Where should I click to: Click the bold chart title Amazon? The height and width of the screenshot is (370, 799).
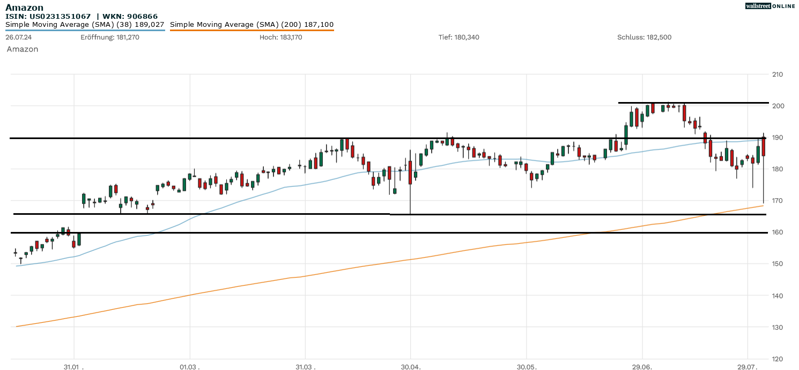pyautogui.click(x=24, y=8)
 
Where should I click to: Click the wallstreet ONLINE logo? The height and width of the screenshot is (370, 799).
pyautogui.click(x=770, y=6)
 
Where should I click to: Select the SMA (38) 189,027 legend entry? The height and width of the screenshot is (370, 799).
pyautogui.click(x=85, y=25)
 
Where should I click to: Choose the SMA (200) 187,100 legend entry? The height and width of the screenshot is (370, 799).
pyautogui.click(x=251, y=25)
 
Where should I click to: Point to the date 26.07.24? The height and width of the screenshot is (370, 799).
pyautogui.click(x=18, y=38)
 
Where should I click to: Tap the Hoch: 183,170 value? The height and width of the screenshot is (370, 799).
pyautogui.click(x=281, y=38)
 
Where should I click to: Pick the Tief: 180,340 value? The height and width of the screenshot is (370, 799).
pyautogui.click(x=458, y=38)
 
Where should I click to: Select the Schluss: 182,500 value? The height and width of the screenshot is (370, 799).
pyautogui.click(x=644, y=38)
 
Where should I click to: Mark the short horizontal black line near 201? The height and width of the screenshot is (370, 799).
pyautogui.click(x=693, y=103)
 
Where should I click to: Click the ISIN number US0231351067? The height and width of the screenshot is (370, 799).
pyautogui.click(x=60, y=17)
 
